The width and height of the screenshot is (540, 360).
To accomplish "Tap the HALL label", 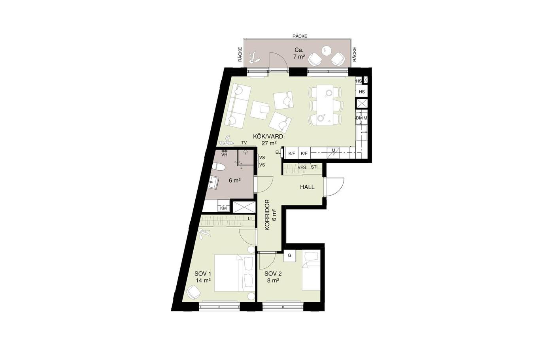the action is (x=307, y=187).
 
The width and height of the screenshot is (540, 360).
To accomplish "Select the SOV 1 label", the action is (x=203, y=274).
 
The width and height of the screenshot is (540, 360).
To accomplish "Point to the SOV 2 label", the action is (x=273, y=274).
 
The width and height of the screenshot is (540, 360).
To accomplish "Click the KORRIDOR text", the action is (x=267, y=215).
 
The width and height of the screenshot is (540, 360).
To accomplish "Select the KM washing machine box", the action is (x=223, y=208).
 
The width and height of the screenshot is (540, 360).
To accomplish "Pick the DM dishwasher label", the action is (x=359, y=118).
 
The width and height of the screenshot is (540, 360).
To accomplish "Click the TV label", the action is (x=244, y=143).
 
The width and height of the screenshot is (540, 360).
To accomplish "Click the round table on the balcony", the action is (x=327, y=51).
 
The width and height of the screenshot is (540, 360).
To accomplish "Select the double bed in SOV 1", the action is (x=234, y=273).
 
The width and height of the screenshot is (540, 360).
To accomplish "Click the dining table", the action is (x=325, y=105).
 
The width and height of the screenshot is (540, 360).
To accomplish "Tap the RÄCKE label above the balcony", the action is (x=300, y=36).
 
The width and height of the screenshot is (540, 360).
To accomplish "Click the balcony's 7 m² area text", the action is (x=299, y=57).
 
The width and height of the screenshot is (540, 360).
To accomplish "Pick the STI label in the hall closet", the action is (x=314, y=167).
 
